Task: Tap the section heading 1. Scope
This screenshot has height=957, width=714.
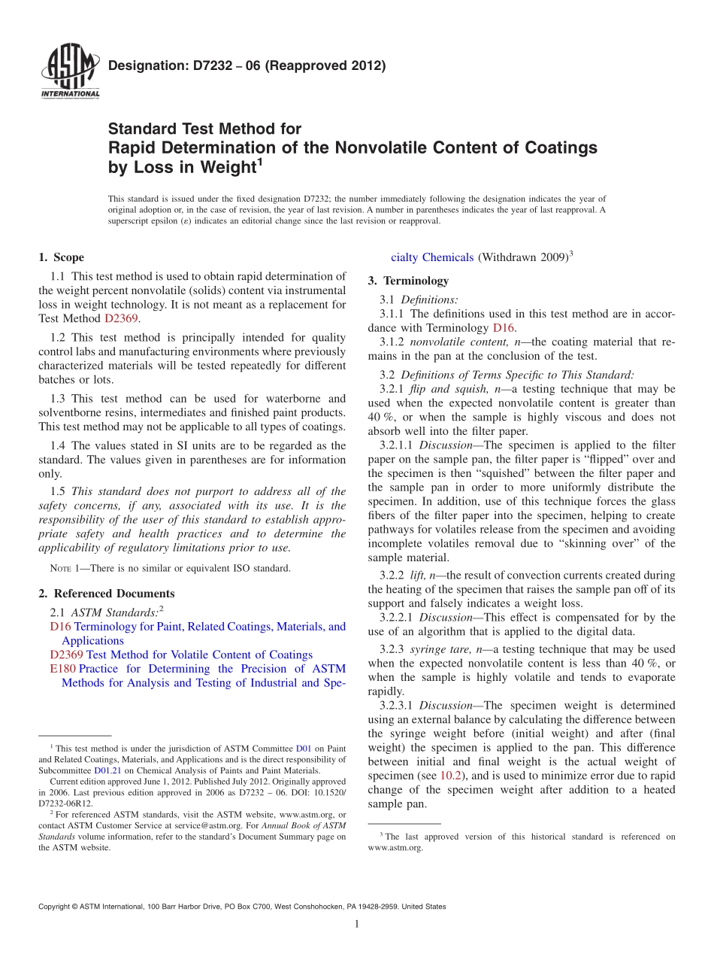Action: click(62, 257)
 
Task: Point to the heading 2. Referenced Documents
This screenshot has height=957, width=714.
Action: click(107, 594)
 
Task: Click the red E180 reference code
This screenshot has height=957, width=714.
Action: click(62, 669)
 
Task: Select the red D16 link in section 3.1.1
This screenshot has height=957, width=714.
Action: click(503, 328)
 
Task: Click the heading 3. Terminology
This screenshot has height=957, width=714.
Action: click(408, 281)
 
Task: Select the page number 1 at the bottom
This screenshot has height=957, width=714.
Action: click(357, 924)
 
